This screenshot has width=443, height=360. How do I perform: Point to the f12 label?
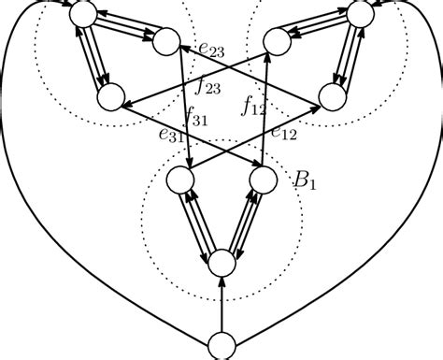254,104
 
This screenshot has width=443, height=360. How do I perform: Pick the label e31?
170,137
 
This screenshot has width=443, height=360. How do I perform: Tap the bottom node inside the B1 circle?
221,264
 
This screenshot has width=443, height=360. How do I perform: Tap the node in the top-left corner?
81,13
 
